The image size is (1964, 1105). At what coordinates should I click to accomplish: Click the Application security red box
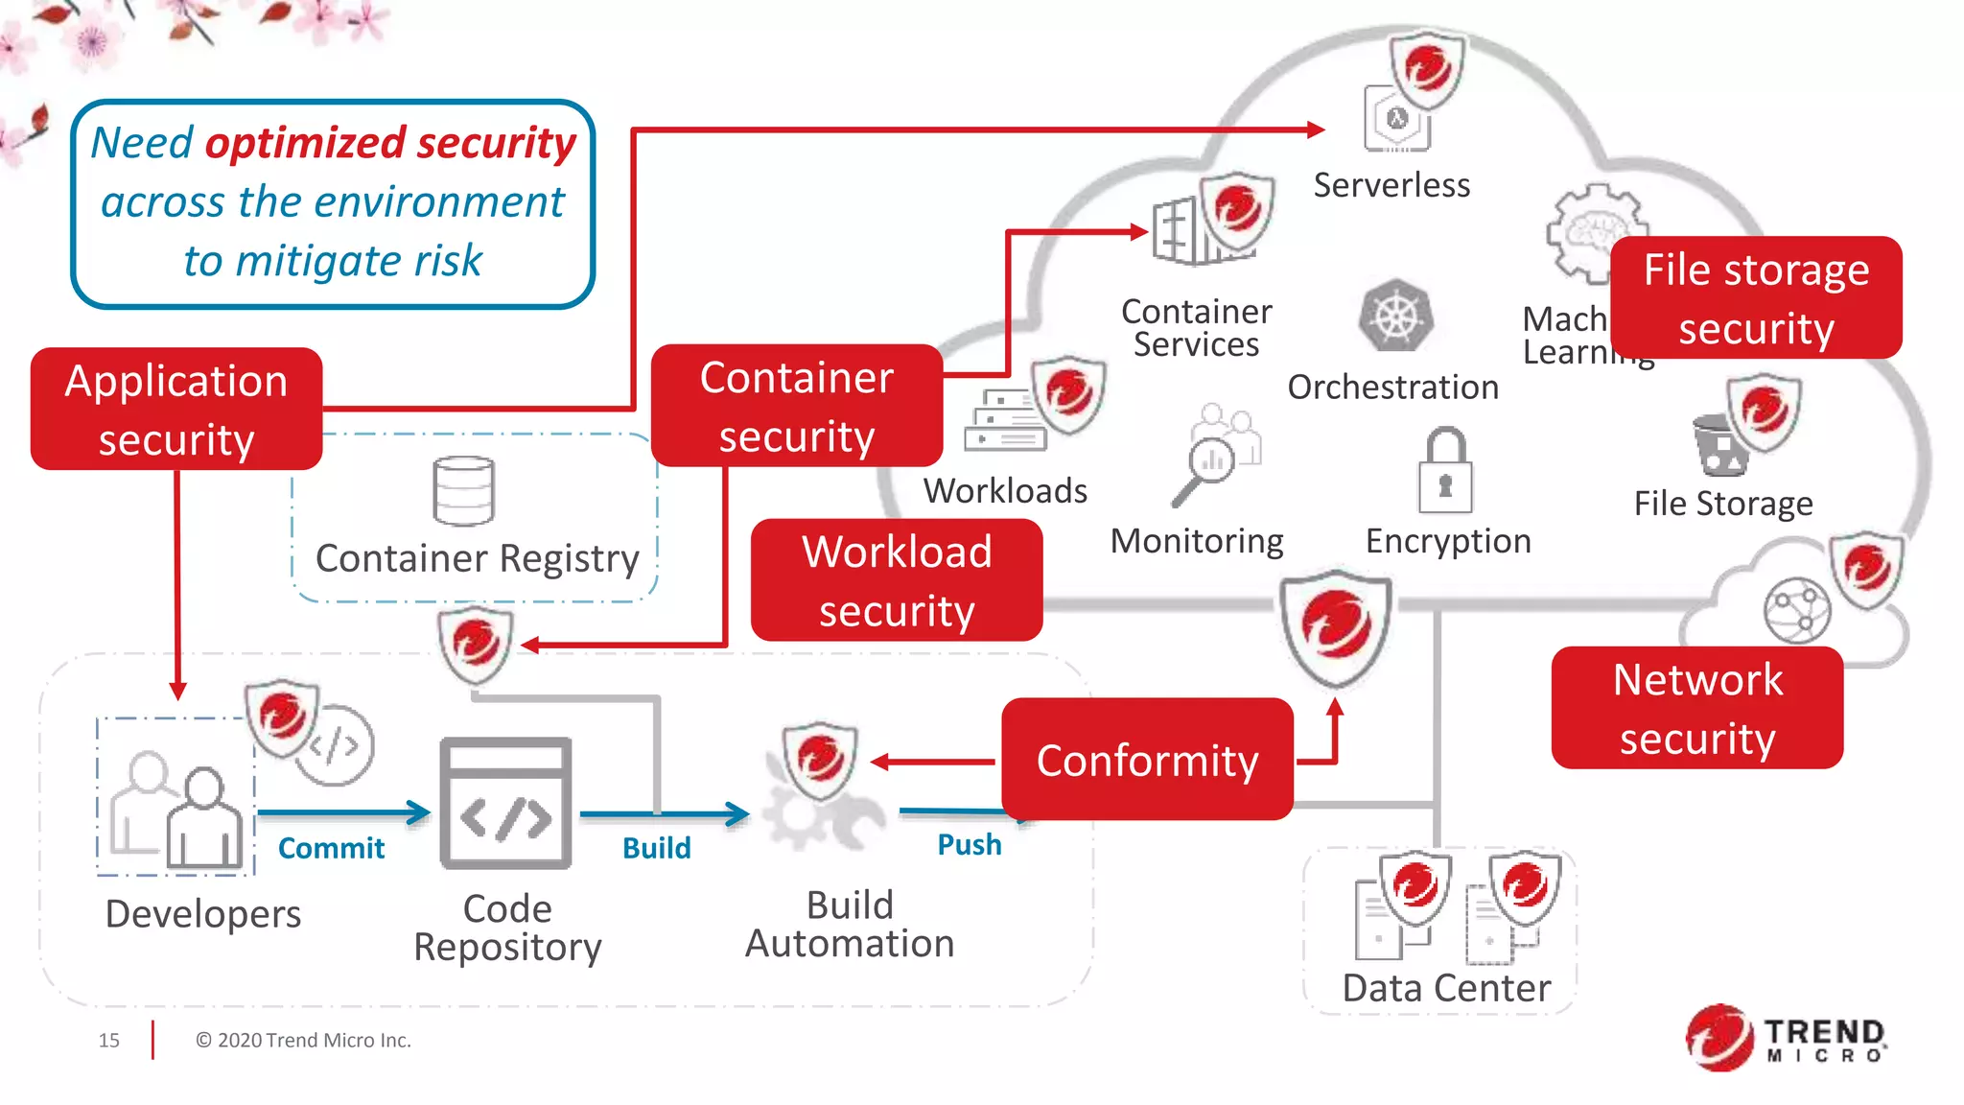point(176,410)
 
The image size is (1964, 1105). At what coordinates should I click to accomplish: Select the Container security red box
point(796,406)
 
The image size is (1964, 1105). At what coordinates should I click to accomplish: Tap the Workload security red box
point(897,580)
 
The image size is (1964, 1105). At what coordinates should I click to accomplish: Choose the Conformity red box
point(1147,760)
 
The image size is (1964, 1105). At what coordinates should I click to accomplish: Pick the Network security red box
point(1697,708)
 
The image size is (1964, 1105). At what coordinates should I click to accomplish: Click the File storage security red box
point(1756,298)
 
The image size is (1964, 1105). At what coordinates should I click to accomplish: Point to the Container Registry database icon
point(464,491)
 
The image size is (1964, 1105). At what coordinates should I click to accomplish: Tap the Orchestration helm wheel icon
point(1396,317)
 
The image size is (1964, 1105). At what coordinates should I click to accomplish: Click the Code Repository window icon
point(506,804)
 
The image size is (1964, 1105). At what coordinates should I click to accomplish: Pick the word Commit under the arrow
point(331,848)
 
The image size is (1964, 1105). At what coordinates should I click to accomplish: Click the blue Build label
point(656,848)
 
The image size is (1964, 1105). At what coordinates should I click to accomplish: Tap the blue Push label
point(969,845)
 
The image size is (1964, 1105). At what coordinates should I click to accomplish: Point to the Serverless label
point(1391,185)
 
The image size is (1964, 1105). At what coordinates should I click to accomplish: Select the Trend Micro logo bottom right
point(1786,1039)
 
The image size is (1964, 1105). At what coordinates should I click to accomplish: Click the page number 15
point(109,1040)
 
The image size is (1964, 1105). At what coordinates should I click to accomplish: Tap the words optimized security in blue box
point(390,143)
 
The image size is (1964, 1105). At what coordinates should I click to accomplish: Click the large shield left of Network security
point(1336,627)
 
